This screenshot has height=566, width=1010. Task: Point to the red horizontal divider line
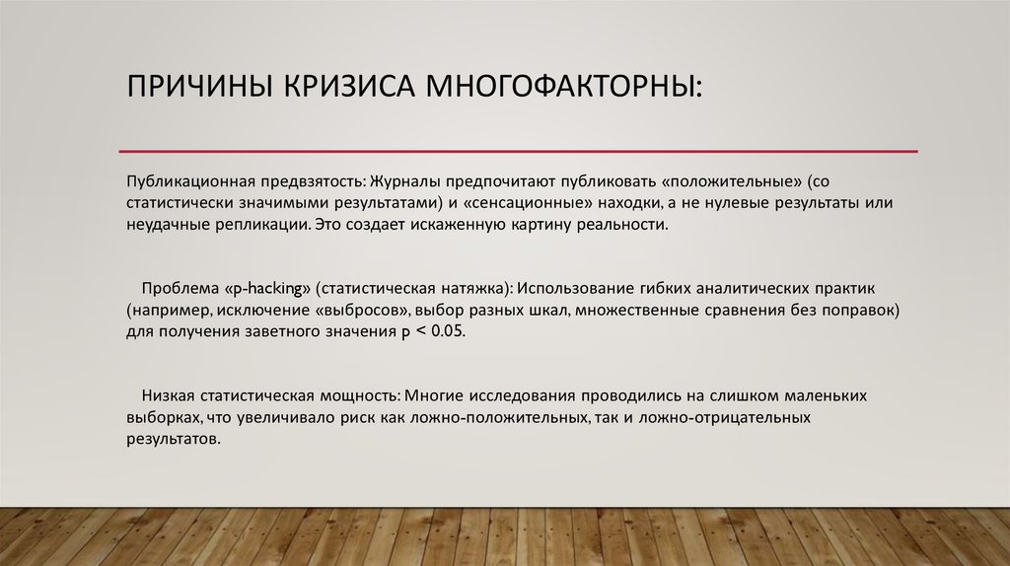click(518, 151)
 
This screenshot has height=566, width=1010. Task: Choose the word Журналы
click(403, 184)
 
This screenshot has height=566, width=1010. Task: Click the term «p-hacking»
click(267, 290)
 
